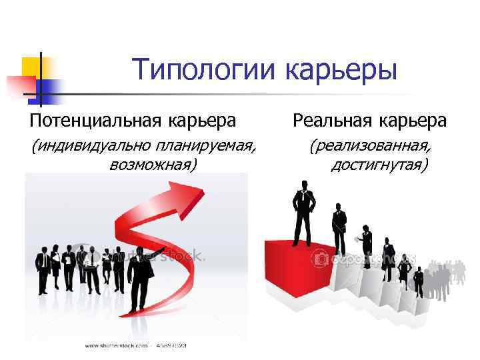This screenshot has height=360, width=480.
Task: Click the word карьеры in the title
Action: coord(341,71)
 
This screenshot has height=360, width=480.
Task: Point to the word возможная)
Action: coord(153,164)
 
